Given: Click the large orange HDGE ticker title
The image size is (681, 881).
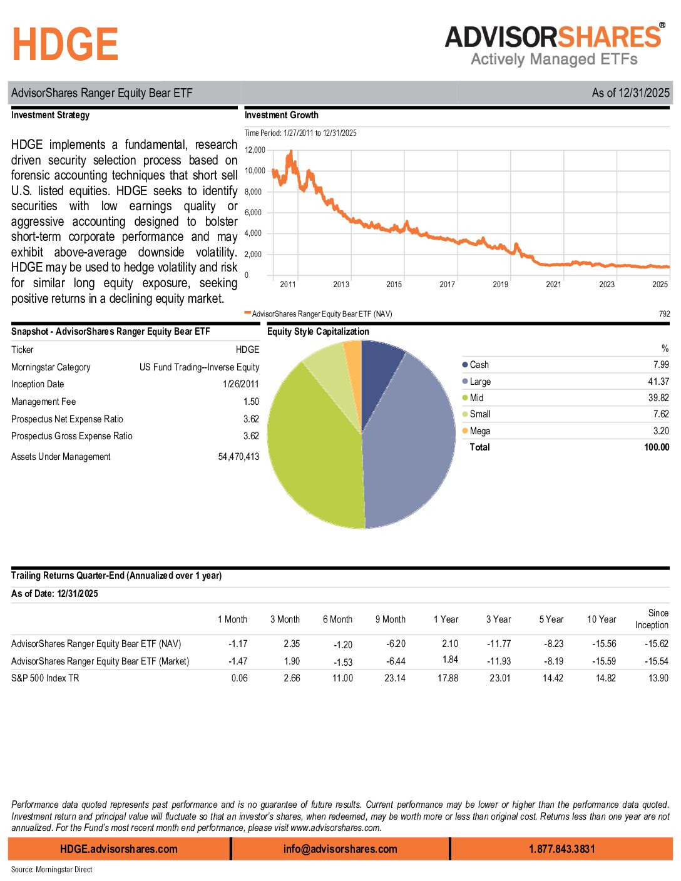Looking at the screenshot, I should point(65,44).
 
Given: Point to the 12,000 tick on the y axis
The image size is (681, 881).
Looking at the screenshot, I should point(255,150).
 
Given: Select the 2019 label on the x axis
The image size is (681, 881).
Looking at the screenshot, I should point(500,285).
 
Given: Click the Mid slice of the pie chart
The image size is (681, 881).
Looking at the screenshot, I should point(313,451).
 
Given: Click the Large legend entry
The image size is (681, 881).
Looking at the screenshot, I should point(479,382).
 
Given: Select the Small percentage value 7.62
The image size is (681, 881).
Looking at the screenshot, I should point(660,414).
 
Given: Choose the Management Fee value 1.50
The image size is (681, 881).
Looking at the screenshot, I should point(251,402).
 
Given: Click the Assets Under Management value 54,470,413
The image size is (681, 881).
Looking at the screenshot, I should point(238,457).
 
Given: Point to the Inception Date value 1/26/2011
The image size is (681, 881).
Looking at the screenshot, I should point(240,384).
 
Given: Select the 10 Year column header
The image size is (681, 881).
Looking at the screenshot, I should point(601,619).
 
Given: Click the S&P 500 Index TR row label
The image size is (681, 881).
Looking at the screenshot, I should point(45,678).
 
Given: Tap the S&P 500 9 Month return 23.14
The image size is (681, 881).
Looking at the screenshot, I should point(394,678).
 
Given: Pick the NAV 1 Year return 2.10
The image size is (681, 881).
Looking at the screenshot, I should point(449,644).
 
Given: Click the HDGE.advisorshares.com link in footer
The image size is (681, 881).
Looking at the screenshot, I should point(118,849).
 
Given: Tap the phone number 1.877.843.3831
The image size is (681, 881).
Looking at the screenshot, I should point(561,849).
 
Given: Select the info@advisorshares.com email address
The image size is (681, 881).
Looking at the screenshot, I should point(340,849).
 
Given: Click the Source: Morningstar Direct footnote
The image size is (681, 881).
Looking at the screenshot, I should point(51,870).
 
